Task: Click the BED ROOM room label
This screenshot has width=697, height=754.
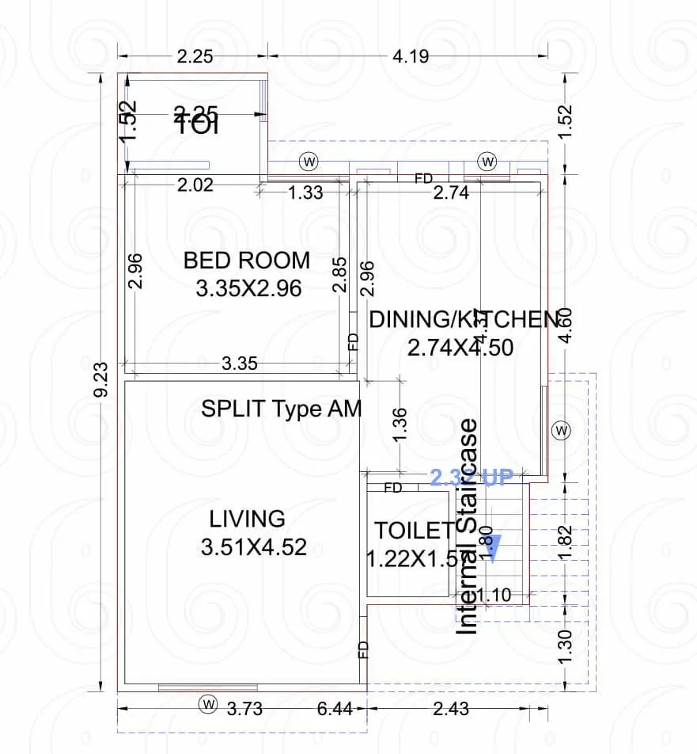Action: (x=246, y=260)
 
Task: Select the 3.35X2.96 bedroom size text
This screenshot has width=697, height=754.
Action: (x=248, y=288)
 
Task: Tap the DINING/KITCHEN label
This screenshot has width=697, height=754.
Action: (x=464, y=319)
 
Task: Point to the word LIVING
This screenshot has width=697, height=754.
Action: (x=247, y=519)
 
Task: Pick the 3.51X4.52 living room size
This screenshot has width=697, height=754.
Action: (x=253, y=547)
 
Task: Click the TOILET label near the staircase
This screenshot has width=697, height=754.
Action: (x=414, y=530)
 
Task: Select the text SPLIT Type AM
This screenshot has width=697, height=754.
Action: (x=281, y=409)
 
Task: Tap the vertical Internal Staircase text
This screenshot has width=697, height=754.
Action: (x=468, y=526)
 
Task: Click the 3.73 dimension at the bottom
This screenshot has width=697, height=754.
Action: (x=244, y=708)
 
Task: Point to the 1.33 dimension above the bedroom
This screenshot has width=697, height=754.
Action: (x=305, y=192)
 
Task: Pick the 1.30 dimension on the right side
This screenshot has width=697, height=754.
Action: (x=564, y=649)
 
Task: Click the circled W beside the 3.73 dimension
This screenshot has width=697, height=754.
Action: (x=208, y=703)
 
